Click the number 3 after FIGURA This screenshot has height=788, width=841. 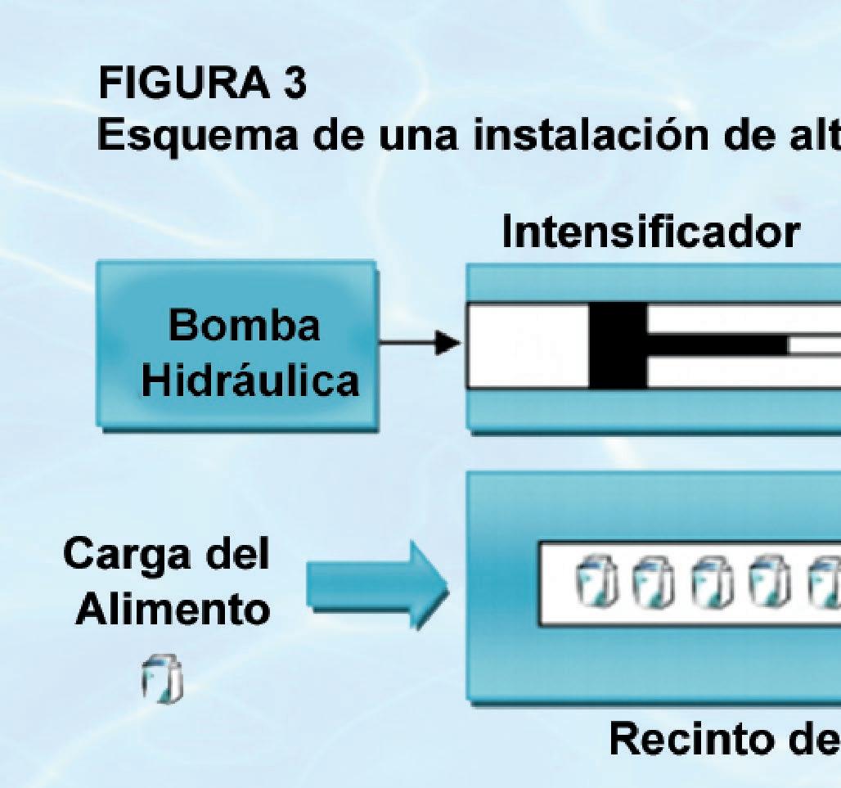point(293,85)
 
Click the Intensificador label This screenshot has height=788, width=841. point(650,233)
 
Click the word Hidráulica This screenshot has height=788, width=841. point(250,382)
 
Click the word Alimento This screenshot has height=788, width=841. point(173,610)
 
